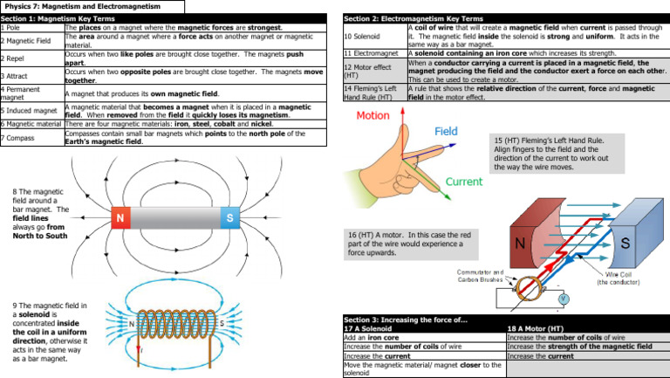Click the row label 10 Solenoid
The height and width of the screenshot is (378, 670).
tap(364, 37)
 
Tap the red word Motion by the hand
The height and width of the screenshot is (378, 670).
tap(373, 116)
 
